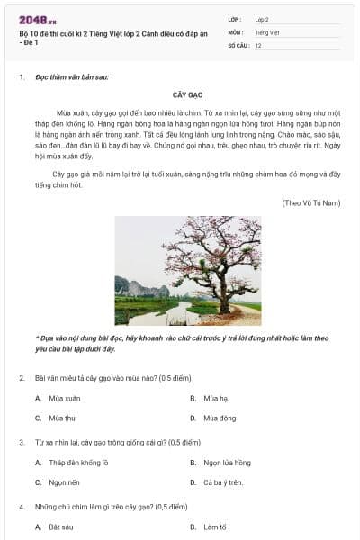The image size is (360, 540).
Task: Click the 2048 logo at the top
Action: [x=37, y=19]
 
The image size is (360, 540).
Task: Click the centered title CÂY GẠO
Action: [x=187, y=94]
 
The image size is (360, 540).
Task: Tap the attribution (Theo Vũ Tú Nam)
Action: [x=310, y=202]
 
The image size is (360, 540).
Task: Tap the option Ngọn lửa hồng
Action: [x=227, y=463]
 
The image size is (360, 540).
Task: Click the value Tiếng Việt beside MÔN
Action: [x=267, y=31]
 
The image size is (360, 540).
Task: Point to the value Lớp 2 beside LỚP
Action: [x=262, y=18]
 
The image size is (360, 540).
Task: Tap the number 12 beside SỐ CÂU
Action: [x=258, y=44]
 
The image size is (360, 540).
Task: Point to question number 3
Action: [x=22, y=443]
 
